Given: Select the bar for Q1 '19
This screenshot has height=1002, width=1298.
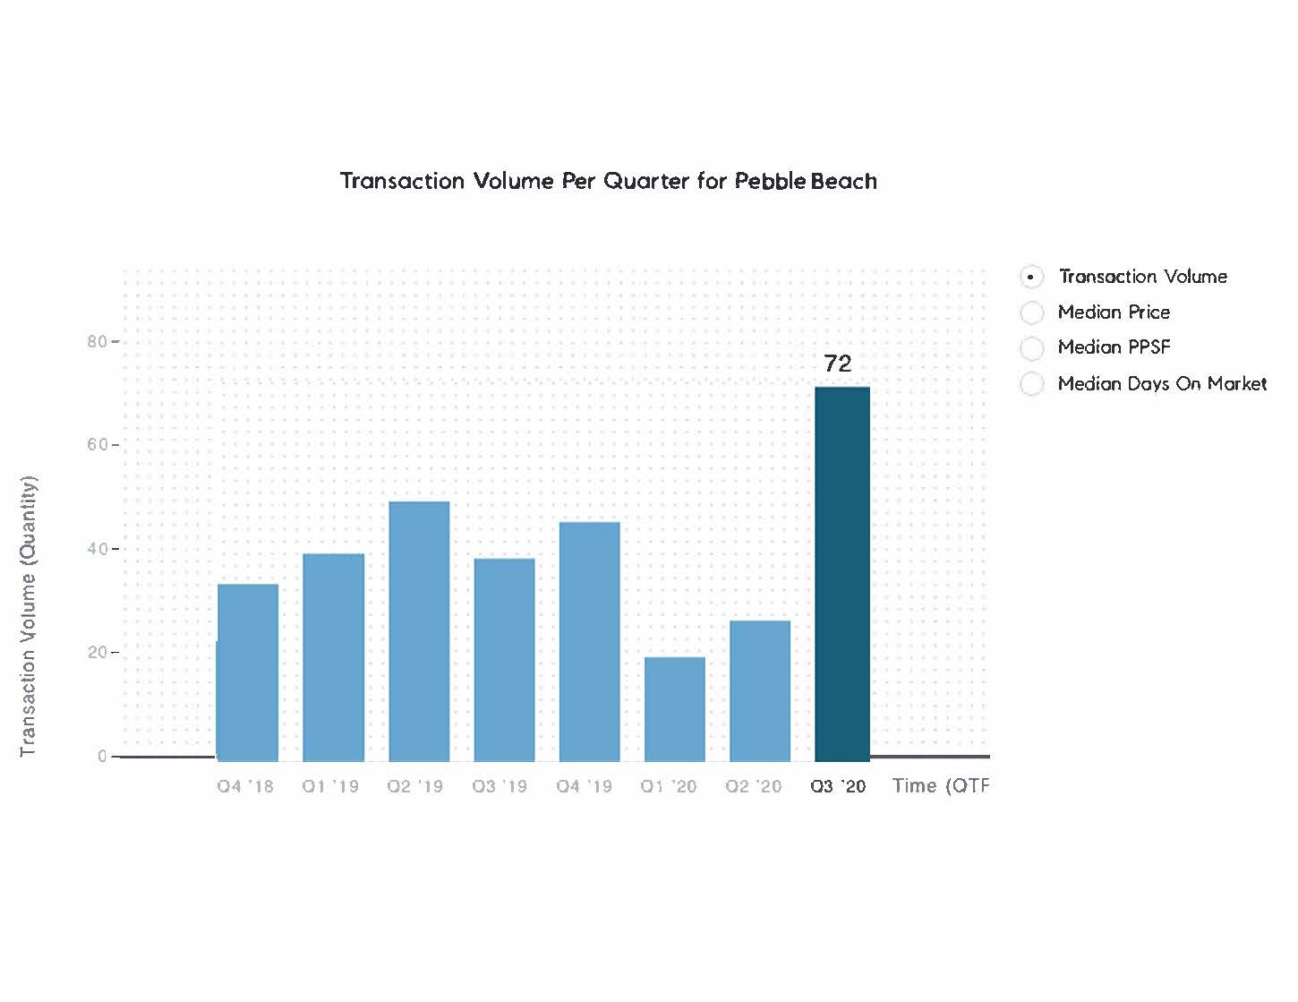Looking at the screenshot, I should (x=333, y=657).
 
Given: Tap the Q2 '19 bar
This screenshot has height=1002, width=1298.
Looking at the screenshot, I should (x=419, y=631).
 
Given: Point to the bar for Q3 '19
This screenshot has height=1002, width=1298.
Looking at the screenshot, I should (x=504, y=659).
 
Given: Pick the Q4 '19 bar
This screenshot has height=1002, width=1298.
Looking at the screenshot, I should (x=589, y=641).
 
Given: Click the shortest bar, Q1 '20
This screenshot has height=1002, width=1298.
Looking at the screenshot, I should (x=675, y=708).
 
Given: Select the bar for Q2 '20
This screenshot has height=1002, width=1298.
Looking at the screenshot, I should (x=760, y=690).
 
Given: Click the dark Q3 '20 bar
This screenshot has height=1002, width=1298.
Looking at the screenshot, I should (x=842, y=574).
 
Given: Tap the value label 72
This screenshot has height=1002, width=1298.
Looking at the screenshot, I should (x=838, y=364).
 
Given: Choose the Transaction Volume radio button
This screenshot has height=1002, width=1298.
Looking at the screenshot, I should (x=1031, y=278).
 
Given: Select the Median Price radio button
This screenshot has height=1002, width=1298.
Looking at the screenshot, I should (x=1031, y=313).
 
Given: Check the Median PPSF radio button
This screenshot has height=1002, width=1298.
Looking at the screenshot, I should (x=1031, y=347).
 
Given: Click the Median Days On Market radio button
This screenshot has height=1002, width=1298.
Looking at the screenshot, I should (x=1031, y=384).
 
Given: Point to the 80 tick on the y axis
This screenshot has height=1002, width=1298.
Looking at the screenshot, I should (x=97, y=341).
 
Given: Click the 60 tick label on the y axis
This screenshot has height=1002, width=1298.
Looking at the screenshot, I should (x=97, y=445).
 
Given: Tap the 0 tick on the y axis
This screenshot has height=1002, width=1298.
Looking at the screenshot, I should (x=102, y=757).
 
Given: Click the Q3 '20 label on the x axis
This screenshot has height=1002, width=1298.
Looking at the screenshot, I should (x=838, y=786).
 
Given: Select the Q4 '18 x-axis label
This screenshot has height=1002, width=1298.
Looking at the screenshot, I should (x=245, y=786).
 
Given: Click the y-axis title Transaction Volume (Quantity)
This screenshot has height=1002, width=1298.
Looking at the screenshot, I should (x=29, y=616).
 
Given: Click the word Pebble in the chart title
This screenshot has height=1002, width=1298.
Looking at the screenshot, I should (x=770, y=181).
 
